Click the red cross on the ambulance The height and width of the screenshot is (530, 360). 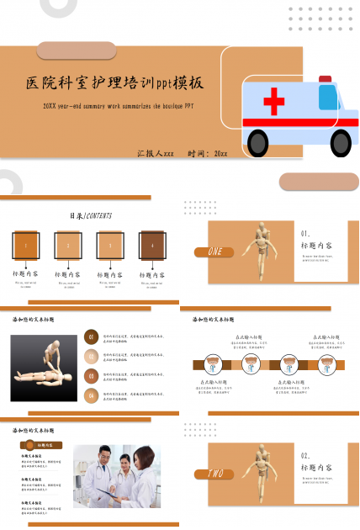coord(273,103)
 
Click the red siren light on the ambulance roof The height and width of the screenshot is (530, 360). coord(325,79)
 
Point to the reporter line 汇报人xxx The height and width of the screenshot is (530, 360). coord(156,154)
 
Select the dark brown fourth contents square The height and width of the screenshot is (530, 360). coord(152,245)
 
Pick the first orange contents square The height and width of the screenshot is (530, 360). coord(25,245)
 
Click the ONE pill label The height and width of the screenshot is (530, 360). coord(214,252)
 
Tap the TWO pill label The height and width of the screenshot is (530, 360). coord(214,474)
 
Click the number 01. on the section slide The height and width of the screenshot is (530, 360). coord(306,233)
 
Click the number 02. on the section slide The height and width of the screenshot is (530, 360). coord(306,455)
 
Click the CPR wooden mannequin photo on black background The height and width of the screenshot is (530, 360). coord(44,368)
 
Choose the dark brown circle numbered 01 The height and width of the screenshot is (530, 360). coord(91,337)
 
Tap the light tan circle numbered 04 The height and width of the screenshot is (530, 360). coord(91,395)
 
